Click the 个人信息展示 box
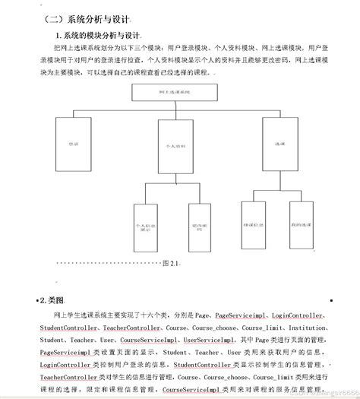click(x=144, y=226)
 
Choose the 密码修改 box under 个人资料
click(x=199, y=226)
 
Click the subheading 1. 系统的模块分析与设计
click(x=100, y=36)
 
